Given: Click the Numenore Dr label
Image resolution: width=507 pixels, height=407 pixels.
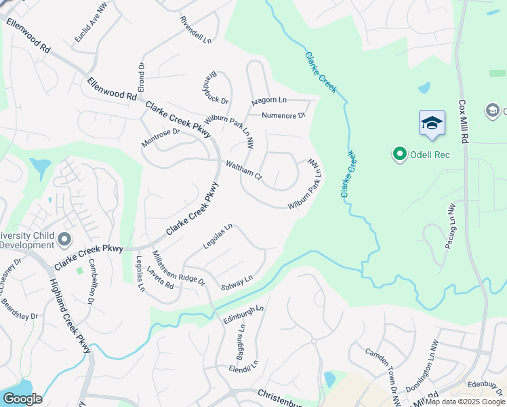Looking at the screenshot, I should (x=284, y=115).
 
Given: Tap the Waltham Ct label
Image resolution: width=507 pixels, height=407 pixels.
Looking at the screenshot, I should (x=244, y=170).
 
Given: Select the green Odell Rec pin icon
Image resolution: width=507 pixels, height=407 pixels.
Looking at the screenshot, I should (x=400, y=155).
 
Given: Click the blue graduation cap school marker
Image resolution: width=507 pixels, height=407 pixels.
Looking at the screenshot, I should (x=432, y=123).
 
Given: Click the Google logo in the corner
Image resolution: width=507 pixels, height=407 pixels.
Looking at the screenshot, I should (x=22, y=399).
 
